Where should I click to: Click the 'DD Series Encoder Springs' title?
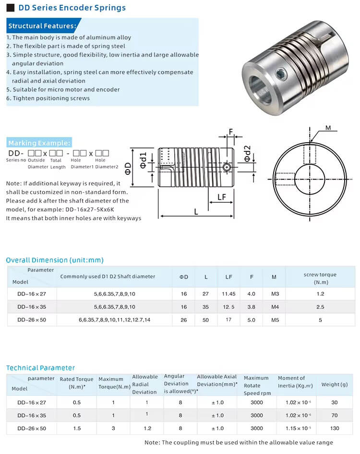[72, 8]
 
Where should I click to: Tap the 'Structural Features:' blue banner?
[42, 26]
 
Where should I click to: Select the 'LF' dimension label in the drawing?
[221, 197]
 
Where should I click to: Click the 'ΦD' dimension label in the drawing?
[128, 168]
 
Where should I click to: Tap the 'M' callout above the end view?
[328, 128]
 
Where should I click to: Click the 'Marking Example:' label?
[39, 143]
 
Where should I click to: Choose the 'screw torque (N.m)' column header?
[320, 278]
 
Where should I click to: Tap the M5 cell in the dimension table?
[275, 319]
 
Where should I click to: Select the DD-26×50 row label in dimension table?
[31, 319]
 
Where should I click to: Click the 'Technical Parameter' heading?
[40, 368]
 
